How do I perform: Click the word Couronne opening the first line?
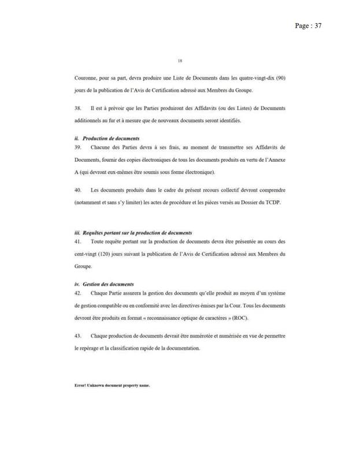tap(86, 77)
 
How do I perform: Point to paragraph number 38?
tap(78, 108)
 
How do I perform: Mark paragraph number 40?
tap(78, 189)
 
